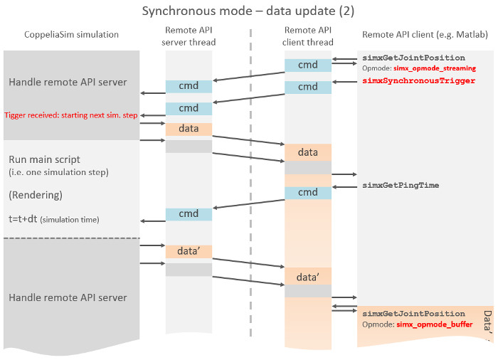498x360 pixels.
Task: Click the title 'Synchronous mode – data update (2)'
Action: coord(248,11)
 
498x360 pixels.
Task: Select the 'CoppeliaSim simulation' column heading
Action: coord(71,34)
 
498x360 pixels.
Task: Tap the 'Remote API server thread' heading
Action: coord(189,36)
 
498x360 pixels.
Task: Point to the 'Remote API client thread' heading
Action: coord(308,36)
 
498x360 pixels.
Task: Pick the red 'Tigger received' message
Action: coord(71,115)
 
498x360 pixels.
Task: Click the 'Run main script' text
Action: coord(44,159)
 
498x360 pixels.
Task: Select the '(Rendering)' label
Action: coord(36,195)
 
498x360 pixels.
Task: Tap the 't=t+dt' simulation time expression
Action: coord(23,219)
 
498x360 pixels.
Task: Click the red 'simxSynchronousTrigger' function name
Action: coord(418,80)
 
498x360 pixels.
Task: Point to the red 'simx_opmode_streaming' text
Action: coord(435,68)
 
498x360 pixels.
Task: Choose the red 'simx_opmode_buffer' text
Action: coord(435,324)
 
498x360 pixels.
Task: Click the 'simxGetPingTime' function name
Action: coord(401,185)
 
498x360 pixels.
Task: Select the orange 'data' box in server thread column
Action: coord(189,129)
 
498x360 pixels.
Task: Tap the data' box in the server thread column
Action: coord(189,251)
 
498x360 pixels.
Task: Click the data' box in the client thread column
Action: coord(308,276)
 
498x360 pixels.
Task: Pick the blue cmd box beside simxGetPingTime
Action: coord(308,193)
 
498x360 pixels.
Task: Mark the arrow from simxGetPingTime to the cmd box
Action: coord(344,187)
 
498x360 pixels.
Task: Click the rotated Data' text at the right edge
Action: coord(487,322)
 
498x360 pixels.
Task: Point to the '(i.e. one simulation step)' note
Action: coord(58,172)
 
